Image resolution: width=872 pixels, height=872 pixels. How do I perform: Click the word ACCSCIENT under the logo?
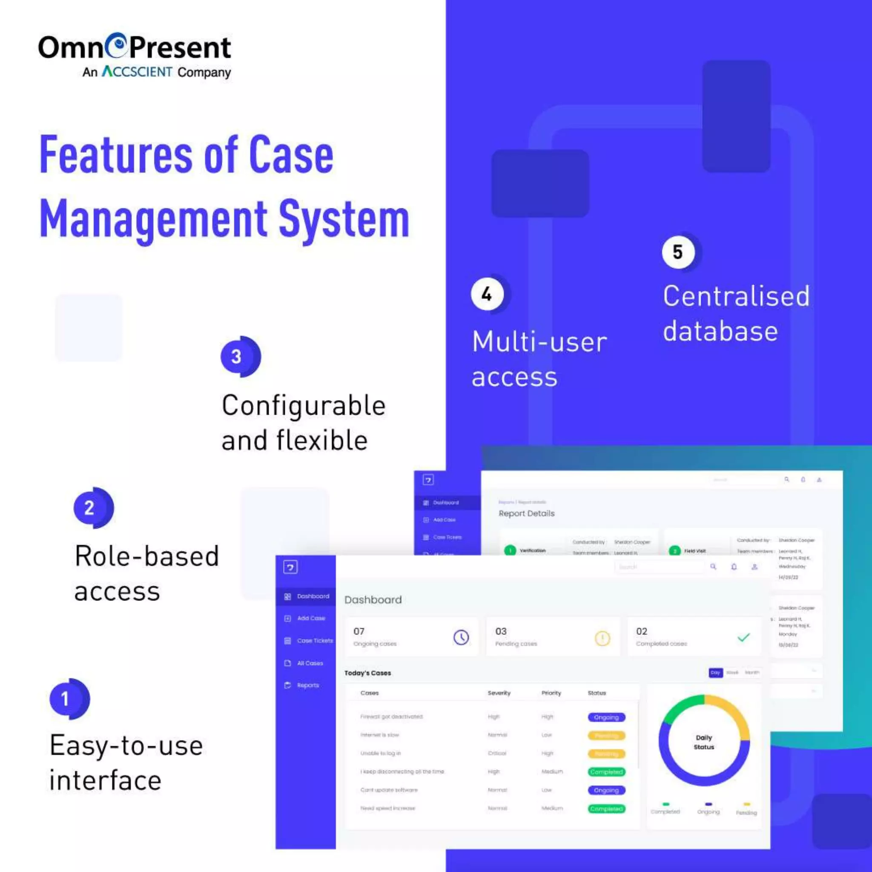tap(137, 72)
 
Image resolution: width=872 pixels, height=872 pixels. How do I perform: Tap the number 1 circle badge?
tap(66, 699)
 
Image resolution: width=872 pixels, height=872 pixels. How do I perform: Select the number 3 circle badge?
tap(236, 356)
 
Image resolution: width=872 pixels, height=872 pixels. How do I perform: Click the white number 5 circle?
tap(677, 252)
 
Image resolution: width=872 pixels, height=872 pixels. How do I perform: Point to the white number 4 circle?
tap(487, 294)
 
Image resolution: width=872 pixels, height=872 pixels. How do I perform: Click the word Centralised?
tap(736, 296)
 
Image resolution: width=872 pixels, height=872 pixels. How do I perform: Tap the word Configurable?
tap(303, 405)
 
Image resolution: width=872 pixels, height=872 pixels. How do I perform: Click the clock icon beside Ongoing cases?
tap(461, 637)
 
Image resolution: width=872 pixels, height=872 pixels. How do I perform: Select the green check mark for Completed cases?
tap(743, 637)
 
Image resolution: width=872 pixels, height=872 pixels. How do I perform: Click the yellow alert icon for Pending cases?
tap(602, 638)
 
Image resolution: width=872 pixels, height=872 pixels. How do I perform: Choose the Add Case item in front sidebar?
tap(310, 618)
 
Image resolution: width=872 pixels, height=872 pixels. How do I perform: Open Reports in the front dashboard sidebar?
tap(307, 685)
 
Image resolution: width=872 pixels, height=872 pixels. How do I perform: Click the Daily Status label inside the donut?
tap(704, 742)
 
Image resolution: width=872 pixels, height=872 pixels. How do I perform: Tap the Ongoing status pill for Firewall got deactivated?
tap(606, 717)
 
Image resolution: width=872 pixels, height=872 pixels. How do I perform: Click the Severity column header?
tap(499, 693)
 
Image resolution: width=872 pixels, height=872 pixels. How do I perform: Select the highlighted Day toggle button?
tap(715, 672)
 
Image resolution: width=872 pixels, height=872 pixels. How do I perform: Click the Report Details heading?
tap(526, 513)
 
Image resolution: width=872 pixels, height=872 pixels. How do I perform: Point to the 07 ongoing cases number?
tap(359, 631)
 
